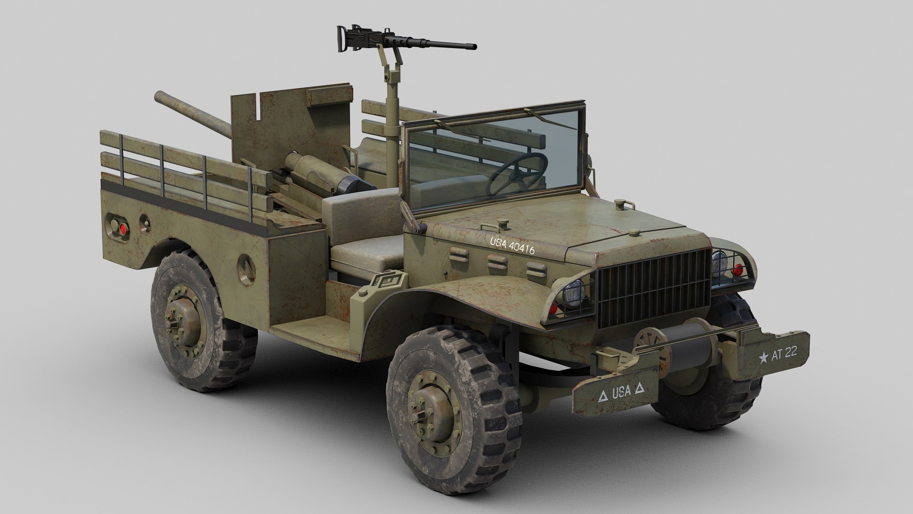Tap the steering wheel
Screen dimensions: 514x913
[523, 174]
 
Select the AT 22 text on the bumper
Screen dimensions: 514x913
[785, 354]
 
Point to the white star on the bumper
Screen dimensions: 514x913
[764, 357]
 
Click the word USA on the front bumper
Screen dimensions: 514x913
[621, 392]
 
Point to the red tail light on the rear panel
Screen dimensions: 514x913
[124, 229]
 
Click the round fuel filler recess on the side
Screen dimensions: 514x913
[246, 269]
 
